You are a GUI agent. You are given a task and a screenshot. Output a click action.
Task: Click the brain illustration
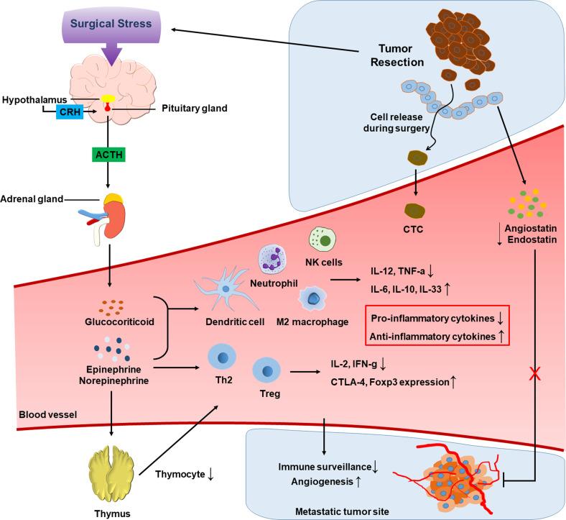click(109, 96)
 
